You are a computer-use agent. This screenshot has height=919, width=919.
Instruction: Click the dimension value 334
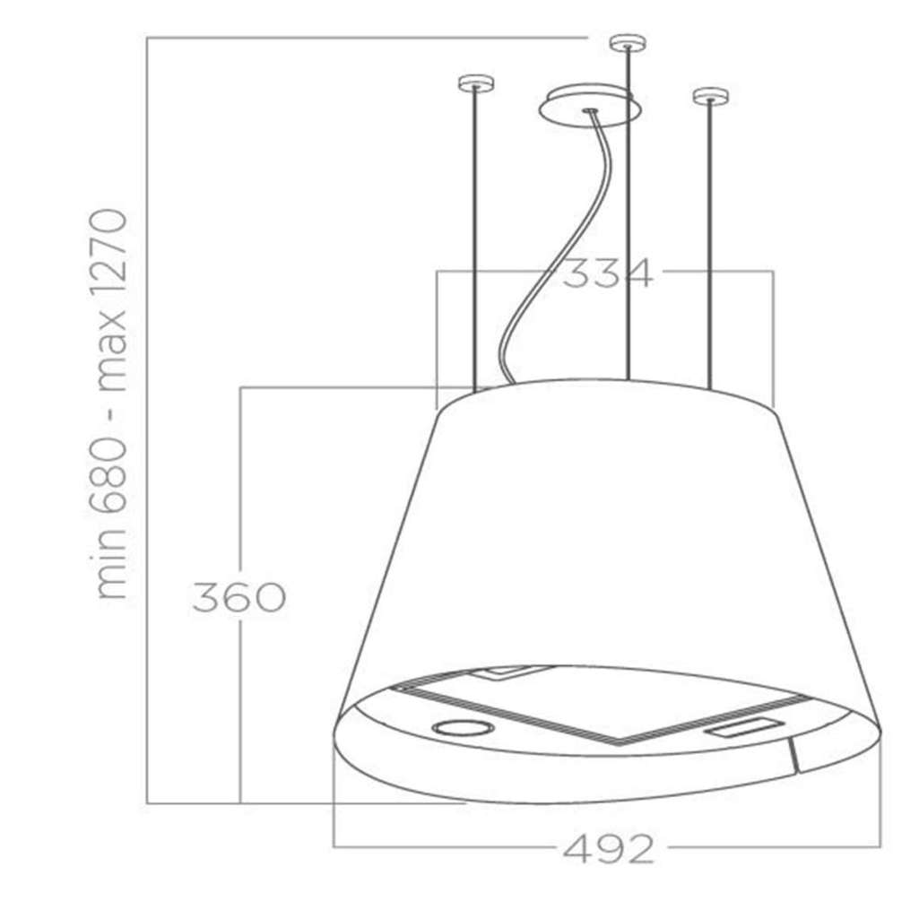point(607,273)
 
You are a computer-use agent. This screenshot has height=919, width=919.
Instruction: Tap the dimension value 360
point(239,597)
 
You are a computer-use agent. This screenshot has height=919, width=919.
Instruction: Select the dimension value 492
point(608,847)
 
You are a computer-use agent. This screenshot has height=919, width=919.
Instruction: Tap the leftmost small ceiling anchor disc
point(475,83)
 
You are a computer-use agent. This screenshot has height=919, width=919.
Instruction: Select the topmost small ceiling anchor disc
point(629,43)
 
